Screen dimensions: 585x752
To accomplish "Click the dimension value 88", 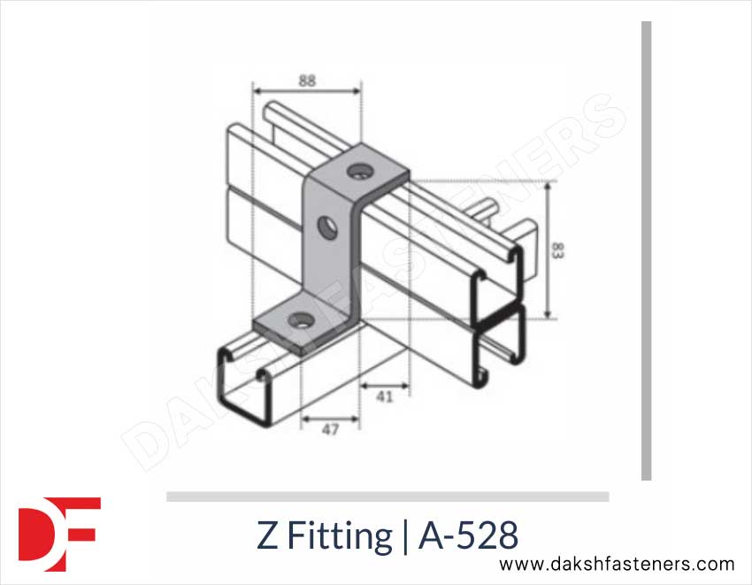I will click(x=307, y=80).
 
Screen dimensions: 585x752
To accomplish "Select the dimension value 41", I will click(x=384, y=396).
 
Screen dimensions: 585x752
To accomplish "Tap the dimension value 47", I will click(x=330, y=430).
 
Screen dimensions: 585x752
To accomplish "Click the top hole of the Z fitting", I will click(x=359, y=167).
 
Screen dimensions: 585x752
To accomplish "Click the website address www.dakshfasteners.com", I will click(x=617, y=564).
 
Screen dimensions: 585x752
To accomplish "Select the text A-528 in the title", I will click(x=468, y=535).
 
